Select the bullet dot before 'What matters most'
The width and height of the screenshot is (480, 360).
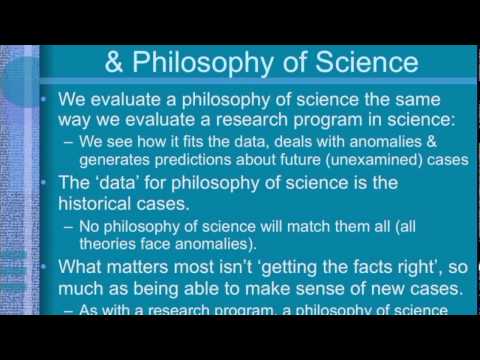(x=47, y=268)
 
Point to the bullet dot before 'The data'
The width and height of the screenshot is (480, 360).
(x=47, y=185)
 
